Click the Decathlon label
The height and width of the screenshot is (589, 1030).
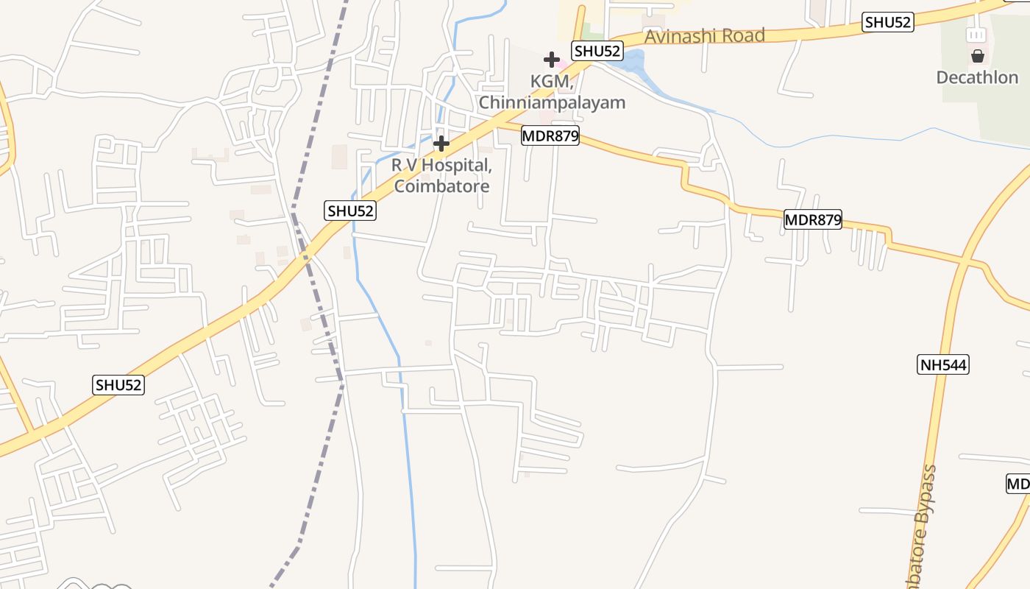pyautogui.click(x=977, y=77)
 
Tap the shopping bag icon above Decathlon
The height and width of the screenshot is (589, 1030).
pyautogui.click(x=978, y=56)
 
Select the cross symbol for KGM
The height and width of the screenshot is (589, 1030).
pyautogui.click(x=552, y=60)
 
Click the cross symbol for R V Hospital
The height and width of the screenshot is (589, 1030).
pyautogui.click(x=441, y=143)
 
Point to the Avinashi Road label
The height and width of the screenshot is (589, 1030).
pyautogui.click(x=704, y=35)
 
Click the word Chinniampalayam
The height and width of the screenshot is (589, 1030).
pyautogui.click(x=552, y=102)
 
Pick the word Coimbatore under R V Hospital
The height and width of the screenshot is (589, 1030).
pyautogui.click(x=441, y=186)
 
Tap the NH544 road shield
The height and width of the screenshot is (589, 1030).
pyautogui.click(x=942, y=364)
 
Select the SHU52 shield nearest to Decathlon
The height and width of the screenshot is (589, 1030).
pyautogui.click(x=888, y=22)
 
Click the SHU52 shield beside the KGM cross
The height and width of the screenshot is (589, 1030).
pyautogui.click(x=597, y=51)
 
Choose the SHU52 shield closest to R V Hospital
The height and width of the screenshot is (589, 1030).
pyautogui.click(x=351, y=211)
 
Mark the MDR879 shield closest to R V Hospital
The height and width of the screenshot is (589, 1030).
pyautogui.click(x=550, y=135)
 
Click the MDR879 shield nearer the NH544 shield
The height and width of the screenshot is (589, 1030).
pyautogui.click(x=812, y=219)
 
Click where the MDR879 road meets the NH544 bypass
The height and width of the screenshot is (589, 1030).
pyautogui.click(x=964, y=261)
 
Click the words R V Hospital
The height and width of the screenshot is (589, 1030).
pyautogui.click(x=441, y=166)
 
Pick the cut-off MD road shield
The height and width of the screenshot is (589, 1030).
pyautogui.click(x=1018, y=484)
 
